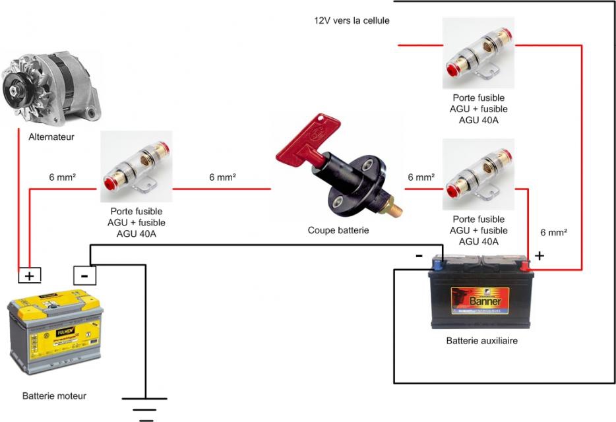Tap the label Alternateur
point(51,138)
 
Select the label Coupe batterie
point(338,231)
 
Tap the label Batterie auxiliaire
point(481,341)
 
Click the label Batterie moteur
point(54,396)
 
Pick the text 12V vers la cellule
point(352,20)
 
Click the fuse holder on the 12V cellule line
point(478,53)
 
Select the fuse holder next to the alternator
point(137,167)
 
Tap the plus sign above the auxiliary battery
point(539,256)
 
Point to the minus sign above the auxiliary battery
point(419,256)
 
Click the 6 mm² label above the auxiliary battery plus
point(554,233)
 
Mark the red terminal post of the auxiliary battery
point(524,266)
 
